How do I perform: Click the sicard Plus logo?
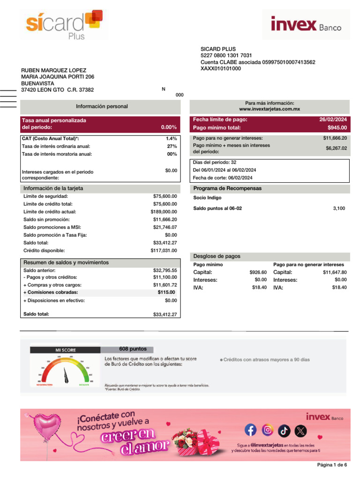tap(63, 24)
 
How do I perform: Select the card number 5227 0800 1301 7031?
tap(226, 56)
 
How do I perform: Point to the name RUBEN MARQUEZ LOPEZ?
tap(54, 70)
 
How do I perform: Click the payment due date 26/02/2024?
tap(333, 120)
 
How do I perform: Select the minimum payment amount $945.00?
tap(337, 127)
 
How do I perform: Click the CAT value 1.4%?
tap(171, 139)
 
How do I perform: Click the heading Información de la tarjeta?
tap(53, 188)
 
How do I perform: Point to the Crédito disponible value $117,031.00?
tap(161, 250)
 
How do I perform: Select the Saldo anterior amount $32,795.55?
tap(165, 270)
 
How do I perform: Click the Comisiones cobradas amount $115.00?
tap(166, 292)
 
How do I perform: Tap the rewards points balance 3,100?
tap(339, 208)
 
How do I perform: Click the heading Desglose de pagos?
tap(217, 256)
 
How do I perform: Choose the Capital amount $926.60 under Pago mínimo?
tap(258, 272)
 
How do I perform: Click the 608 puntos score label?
tap(133, 349)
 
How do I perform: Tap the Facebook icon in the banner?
tap(251, 430)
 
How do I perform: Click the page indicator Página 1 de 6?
tap(332, 465)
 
